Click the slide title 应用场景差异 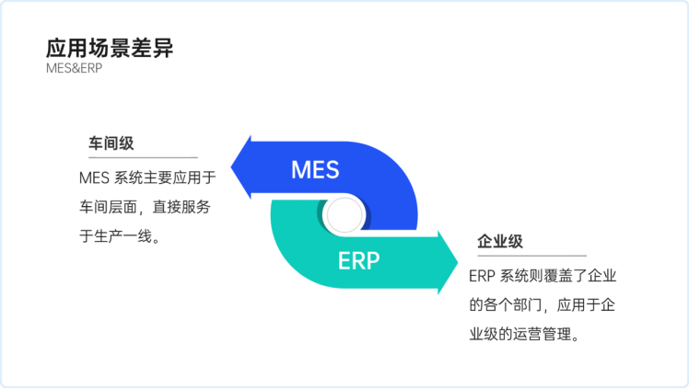click(110, 49)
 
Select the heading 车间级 click(111, 143)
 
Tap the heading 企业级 click(500, 241)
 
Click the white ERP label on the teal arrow click(358, 260)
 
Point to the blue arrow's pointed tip click(233, 168)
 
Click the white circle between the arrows click(342, 215)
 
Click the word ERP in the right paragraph click(483, 277)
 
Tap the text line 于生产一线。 click(121, 236)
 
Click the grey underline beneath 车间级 click(138, 157)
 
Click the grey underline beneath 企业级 click(528, 256)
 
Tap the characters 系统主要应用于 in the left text click(166, 178)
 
